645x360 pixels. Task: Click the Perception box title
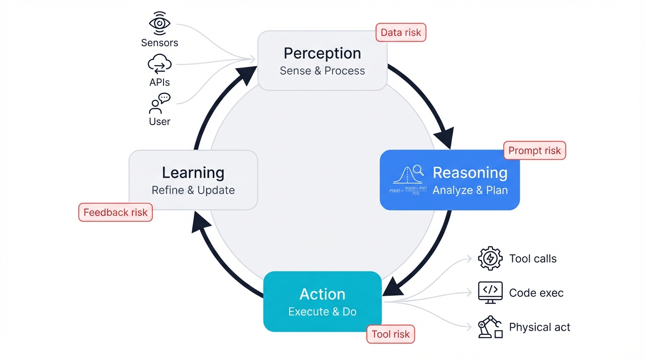click(x=322, y=53)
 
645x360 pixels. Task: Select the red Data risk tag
click(x=401, y=32)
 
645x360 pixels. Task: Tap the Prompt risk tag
click(x=534, y=150)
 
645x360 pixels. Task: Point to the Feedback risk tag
click(x=115, y=212)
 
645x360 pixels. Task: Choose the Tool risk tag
click(x=390, y=334)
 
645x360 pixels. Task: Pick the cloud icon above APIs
click(x=159, y=64)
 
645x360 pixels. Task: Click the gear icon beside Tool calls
click(x=490, y=258)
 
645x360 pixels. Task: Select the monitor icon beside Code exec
click(x=490, y=292)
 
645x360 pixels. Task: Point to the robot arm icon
click(x=490, y=327)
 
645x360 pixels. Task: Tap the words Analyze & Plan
click(x=470, y=190)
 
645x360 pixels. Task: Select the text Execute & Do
click(x=322, y=312)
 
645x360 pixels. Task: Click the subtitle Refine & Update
click(x=193, y=190)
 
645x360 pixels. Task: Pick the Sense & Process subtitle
click(x=322, y=71)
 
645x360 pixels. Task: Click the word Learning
click(x=193, y=172)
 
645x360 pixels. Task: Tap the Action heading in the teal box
click(x=322, y=294)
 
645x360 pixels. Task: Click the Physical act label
click(x=540, y=327)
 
